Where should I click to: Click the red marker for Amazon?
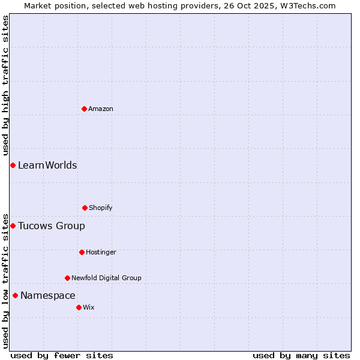84,109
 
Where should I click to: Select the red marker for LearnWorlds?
13,165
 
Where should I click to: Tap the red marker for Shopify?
85,208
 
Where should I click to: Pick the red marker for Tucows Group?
13,226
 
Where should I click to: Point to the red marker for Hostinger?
82,252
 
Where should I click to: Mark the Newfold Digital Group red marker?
67,278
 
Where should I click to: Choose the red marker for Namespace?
15,295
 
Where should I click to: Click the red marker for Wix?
79,307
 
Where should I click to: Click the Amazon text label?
101,109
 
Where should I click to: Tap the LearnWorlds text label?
47,165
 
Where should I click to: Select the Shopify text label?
101,208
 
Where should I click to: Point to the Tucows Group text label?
52,226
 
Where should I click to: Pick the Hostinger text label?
101,252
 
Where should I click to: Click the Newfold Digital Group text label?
107,278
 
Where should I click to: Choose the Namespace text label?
48,295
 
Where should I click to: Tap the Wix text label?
89,307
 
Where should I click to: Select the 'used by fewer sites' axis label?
62,355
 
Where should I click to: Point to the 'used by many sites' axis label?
301,355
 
